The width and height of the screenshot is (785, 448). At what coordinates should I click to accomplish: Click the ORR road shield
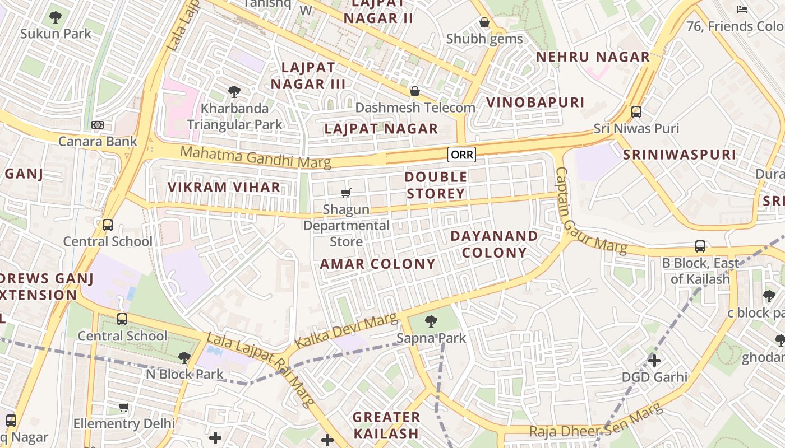[x=461, y=155]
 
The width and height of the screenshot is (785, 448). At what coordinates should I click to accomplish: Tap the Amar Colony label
[x=377, y=264]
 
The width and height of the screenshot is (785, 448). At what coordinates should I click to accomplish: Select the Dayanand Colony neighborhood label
[x=494, y=244]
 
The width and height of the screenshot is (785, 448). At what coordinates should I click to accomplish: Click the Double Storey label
[x=436, y=185]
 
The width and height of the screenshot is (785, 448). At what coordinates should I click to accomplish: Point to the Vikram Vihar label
[x=224, y=187]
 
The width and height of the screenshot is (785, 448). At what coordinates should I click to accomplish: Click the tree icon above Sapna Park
[x=431, y=321]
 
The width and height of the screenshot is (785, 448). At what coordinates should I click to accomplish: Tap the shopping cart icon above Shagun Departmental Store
[x=346, y=193]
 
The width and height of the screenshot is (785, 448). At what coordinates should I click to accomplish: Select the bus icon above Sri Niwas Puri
[x=636, y=111]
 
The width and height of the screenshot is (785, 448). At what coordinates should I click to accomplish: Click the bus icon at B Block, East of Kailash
[x=700, y=246]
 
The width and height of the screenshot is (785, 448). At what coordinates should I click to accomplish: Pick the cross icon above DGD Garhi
[x=654, y=360]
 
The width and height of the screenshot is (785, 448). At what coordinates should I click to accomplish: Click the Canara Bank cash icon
[x=98, y=125]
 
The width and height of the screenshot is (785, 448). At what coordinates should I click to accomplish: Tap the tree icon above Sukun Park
[x=55, y=17]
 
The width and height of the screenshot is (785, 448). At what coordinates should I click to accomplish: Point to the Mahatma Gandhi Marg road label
[x=255, y=157]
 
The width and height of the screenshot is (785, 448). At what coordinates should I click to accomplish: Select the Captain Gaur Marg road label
[x=589, y=213]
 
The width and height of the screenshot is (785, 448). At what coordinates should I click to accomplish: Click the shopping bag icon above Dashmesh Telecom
[x=415, y=91]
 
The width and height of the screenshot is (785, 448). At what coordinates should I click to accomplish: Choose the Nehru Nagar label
[x=593, y=57]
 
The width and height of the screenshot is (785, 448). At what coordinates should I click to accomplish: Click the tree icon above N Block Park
[x=184, y=358]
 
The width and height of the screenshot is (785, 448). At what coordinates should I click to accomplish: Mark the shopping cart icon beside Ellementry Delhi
[x=123, y=407]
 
